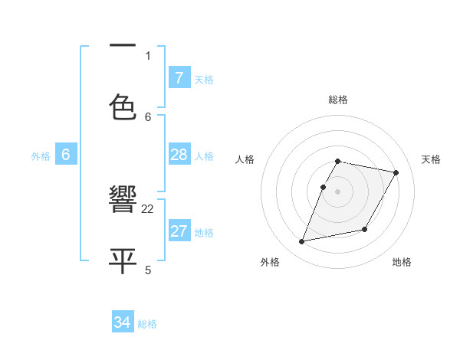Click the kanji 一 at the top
click(x=123, y=47)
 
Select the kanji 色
click(x=123, y=106)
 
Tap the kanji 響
click(x=123, y=201)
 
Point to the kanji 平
click(x=123, y=260)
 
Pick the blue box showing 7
click(x=179, y=78)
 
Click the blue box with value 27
click(x=179, y=231)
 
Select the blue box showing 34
click(x=122, y=323)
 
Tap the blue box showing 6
click(x=66, y=155)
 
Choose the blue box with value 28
click(x=179, y=155)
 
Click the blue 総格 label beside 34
click(x=147, y=324)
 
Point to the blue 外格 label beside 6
click(x=41, y=156)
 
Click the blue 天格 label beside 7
click(x=204, y=79)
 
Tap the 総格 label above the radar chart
click(x=337, y=100)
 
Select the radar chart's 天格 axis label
click(x=431, y=159)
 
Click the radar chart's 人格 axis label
click(x=245, y=159)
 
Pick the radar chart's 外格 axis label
click(x=270, y=262)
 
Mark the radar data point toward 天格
click(x=396, y=173)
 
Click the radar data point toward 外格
click(x=302, y=241)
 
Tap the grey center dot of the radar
click(x=337, y=191)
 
